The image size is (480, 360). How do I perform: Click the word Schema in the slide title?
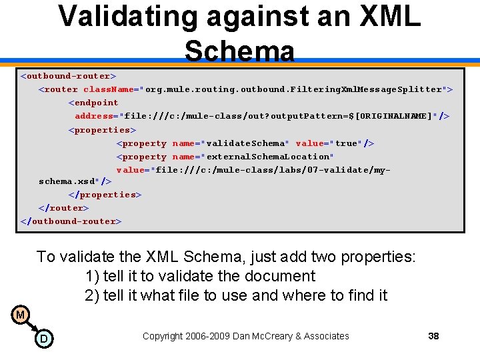click(239, 51)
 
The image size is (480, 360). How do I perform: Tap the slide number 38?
click(433, 336)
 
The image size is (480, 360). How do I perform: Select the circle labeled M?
click(21, 315)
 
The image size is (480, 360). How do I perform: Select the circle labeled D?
click(44, 339)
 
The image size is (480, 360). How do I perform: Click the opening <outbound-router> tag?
click(68, 75)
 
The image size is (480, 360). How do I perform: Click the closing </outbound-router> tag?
click(71, 221)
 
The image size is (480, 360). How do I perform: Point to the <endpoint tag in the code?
click(93, 103)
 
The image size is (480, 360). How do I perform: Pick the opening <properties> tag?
click(102, 129)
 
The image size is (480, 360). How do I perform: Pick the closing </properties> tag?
click(105, 195)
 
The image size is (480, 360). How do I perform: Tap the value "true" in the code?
click(346, 143)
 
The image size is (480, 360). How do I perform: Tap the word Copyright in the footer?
click(164, 336)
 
